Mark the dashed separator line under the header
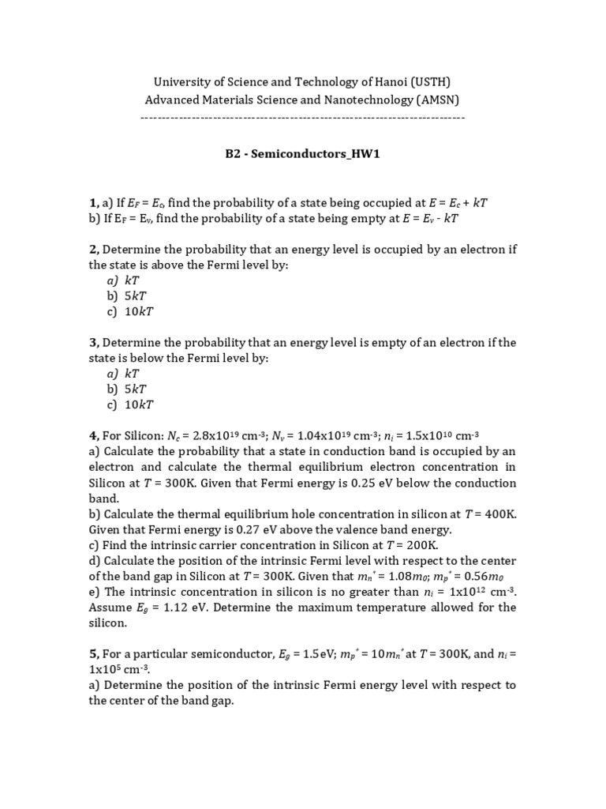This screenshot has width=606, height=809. pos(303,118)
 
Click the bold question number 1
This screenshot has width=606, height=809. pos(94,204)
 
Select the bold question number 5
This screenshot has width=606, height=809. pos(94,653)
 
